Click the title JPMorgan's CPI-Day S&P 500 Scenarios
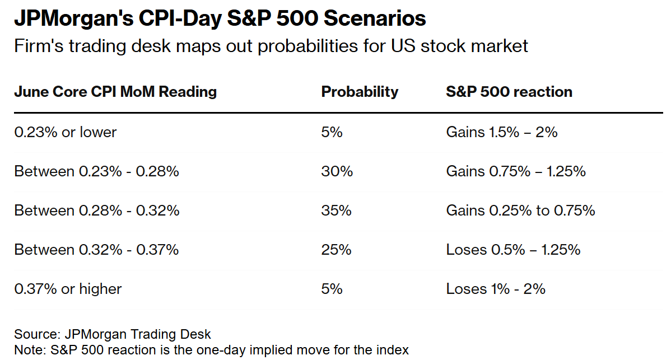(220, 19)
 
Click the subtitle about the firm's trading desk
(271, 45)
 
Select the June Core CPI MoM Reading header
(115, 92)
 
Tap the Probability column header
(360, 92)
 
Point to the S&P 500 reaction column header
(509, 92)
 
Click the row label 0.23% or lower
(66, 132)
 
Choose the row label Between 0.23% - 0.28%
(96, 171)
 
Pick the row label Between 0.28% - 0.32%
(97, 211)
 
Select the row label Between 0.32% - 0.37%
(96, 250)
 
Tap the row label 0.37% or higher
(68, 289)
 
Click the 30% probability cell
(337, 171)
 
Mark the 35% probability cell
(336, 211)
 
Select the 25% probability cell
(336, 250)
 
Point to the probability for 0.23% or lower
(332, 132)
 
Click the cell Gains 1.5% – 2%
(501, 132)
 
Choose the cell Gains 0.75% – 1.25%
(515, 171)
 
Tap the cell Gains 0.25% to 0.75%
(520, 211)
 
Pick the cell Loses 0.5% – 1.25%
(513, 250)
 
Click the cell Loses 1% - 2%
(496, 289)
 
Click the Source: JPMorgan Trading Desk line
(113, 334)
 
